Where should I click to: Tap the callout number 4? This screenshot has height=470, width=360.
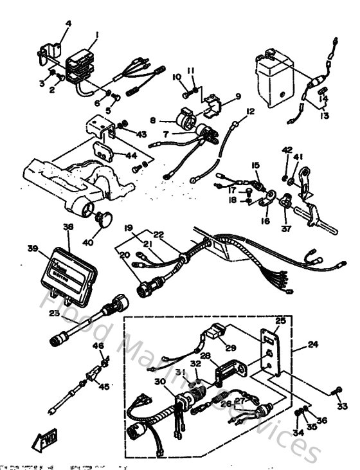[x=69, y=24]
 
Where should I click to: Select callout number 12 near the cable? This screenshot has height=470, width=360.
[x=250, y=111]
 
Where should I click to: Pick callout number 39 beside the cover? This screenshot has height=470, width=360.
[x=32, y=248]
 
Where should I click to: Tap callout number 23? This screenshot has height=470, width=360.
[x=54, y=313]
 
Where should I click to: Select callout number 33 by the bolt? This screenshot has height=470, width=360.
[x=341, y=406]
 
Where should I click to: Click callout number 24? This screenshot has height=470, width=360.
[x=313, y=345]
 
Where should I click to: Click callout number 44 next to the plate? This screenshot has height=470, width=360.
[x=130, y=155]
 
